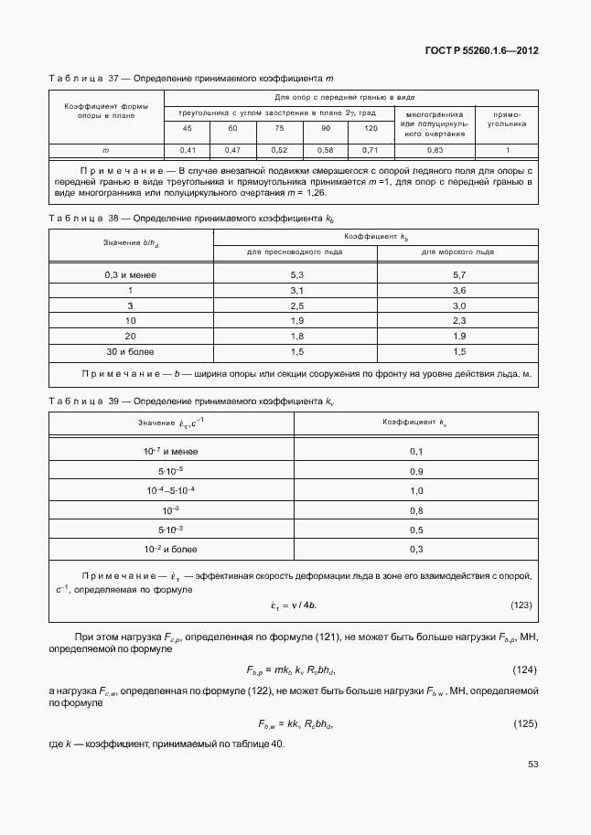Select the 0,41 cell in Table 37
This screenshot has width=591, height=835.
[188, 149]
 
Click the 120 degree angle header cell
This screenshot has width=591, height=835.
[371, 128]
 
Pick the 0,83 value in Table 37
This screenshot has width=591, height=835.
[435, 149]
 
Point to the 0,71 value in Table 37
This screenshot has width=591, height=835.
[371, 149]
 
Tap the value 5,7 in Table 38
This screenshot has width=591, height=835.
[459, 274]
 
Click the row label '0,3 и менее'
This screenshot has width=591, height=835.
[129, 274]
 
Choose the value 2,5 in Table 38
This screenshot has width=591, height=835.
[296, 305]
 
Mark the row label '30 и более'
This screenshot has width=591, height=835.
[129, 351]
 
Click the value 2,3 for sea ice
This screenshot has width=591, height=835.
[459, 321]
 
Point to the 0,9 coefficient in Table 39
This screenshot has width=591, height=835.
[416, 471]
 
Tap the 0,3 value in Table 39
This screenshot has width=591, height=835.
[416, 549]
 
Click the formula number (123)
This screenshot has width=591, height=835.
[521, 605]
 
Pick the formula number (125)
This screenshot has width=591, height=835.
[522, 724]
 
